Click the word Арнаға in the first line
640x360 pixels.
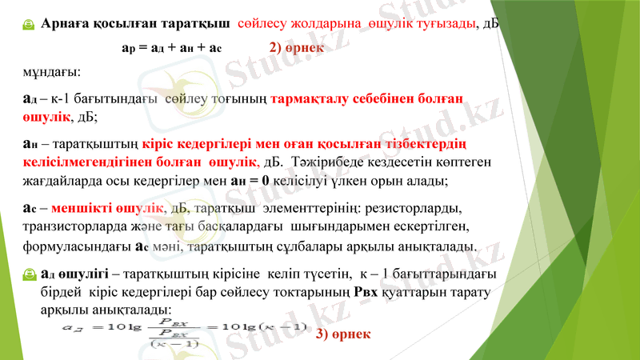(x=66, y=23)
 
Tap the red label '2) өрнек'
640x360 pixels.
(x=297, y=47)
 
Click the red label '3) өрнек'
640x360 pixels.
(x=343, y=333)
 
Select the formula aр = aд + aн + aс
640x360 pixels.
(x=171, y=48)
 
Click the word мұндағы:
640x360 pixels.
(x=51, y=73)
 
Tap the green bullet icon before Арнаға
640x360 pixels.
(x=28, y=25)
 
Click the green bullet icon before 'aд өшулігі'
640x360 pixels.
(x=28, y=274)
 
